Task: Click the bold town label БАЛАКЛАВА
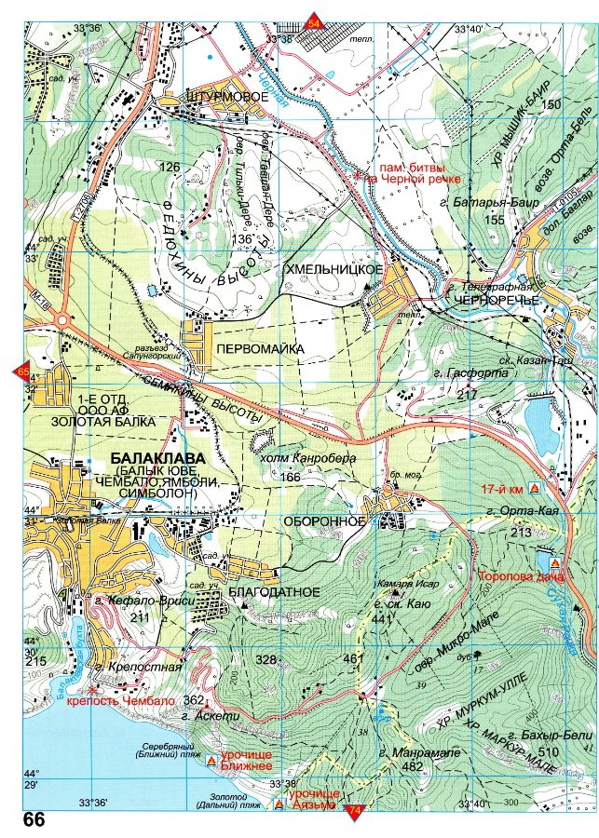158,459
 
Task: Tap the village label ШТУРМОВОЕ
221,97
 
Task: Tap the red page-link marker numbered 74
353,813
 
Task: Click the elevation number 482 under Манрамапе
411,766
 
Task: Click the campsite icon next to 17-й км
535,488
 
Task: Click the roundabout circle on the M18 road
62,320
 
